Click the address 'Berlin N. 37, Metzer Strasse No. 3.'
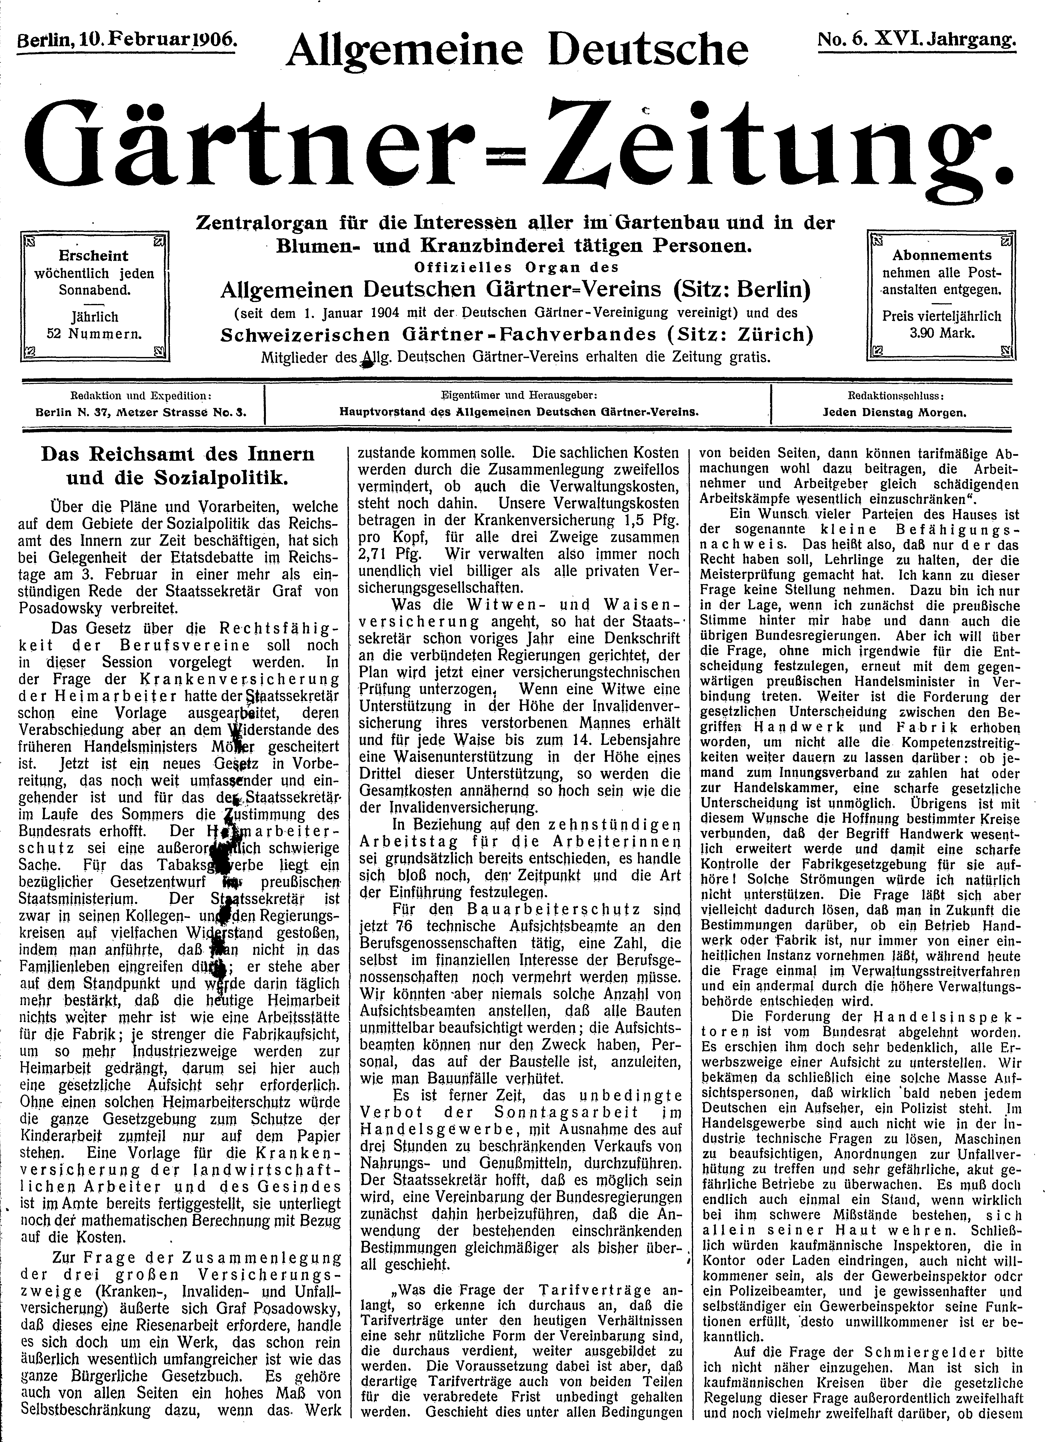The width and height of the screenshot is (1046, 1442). (x=141, y=412)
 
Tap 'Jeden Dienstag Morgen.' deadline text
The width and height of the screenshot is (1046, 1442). (x=894, y=412)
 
